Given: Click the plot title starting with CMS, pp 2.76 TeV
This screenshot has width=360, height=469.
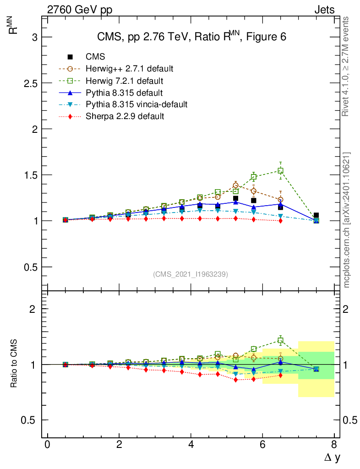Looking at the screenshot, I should click(191, 37).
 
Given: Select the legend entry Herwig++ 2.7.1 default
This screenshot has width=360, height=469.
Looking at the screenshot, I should click(129, 69).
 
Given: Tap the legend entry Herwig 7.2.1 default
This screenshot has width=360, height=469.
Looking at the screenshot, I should click(125, 81).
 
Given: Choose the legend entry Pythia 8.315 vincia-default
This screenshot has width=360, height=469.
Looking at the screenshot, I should click(136, 104).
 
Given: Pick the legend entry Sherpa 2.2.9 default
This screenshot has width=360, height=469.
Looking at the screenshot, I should click(125, 116).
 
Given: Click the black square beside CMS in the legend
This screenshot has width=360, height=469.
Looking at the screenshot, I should click(70, 57).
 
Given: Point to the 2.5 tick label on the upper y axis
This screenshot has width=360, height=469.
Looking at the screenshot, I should click(30, 83).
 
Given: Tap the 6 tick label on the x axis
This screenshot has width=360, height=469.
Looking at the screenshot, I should click(262, 444).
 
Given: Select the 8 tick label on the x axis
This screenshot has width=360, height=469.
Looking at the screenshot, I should click(334, 444).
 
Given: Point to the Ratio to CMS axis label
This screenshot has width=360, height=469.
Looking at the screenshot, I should click(15, 364).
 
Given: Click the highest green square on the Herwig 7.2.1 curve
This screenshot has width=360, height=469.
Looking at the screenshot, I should click(280, 171).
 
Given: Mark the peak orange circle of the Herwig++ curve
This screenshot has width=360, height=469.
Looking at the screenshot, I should click(235, 185).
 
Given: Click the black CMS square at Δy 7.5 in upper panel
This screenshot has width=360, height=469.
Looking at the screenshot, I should click(316, 215).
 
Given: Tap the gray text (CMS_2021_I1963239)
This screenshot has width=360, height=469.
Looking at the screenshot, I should click(191, 274).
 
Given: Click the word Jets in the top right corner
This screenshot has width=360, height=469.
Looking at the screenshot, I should click(324, 10).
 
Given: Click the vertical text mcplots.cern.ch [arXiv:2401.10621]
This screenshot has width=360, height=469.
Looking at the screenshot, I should click(346, 220).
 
